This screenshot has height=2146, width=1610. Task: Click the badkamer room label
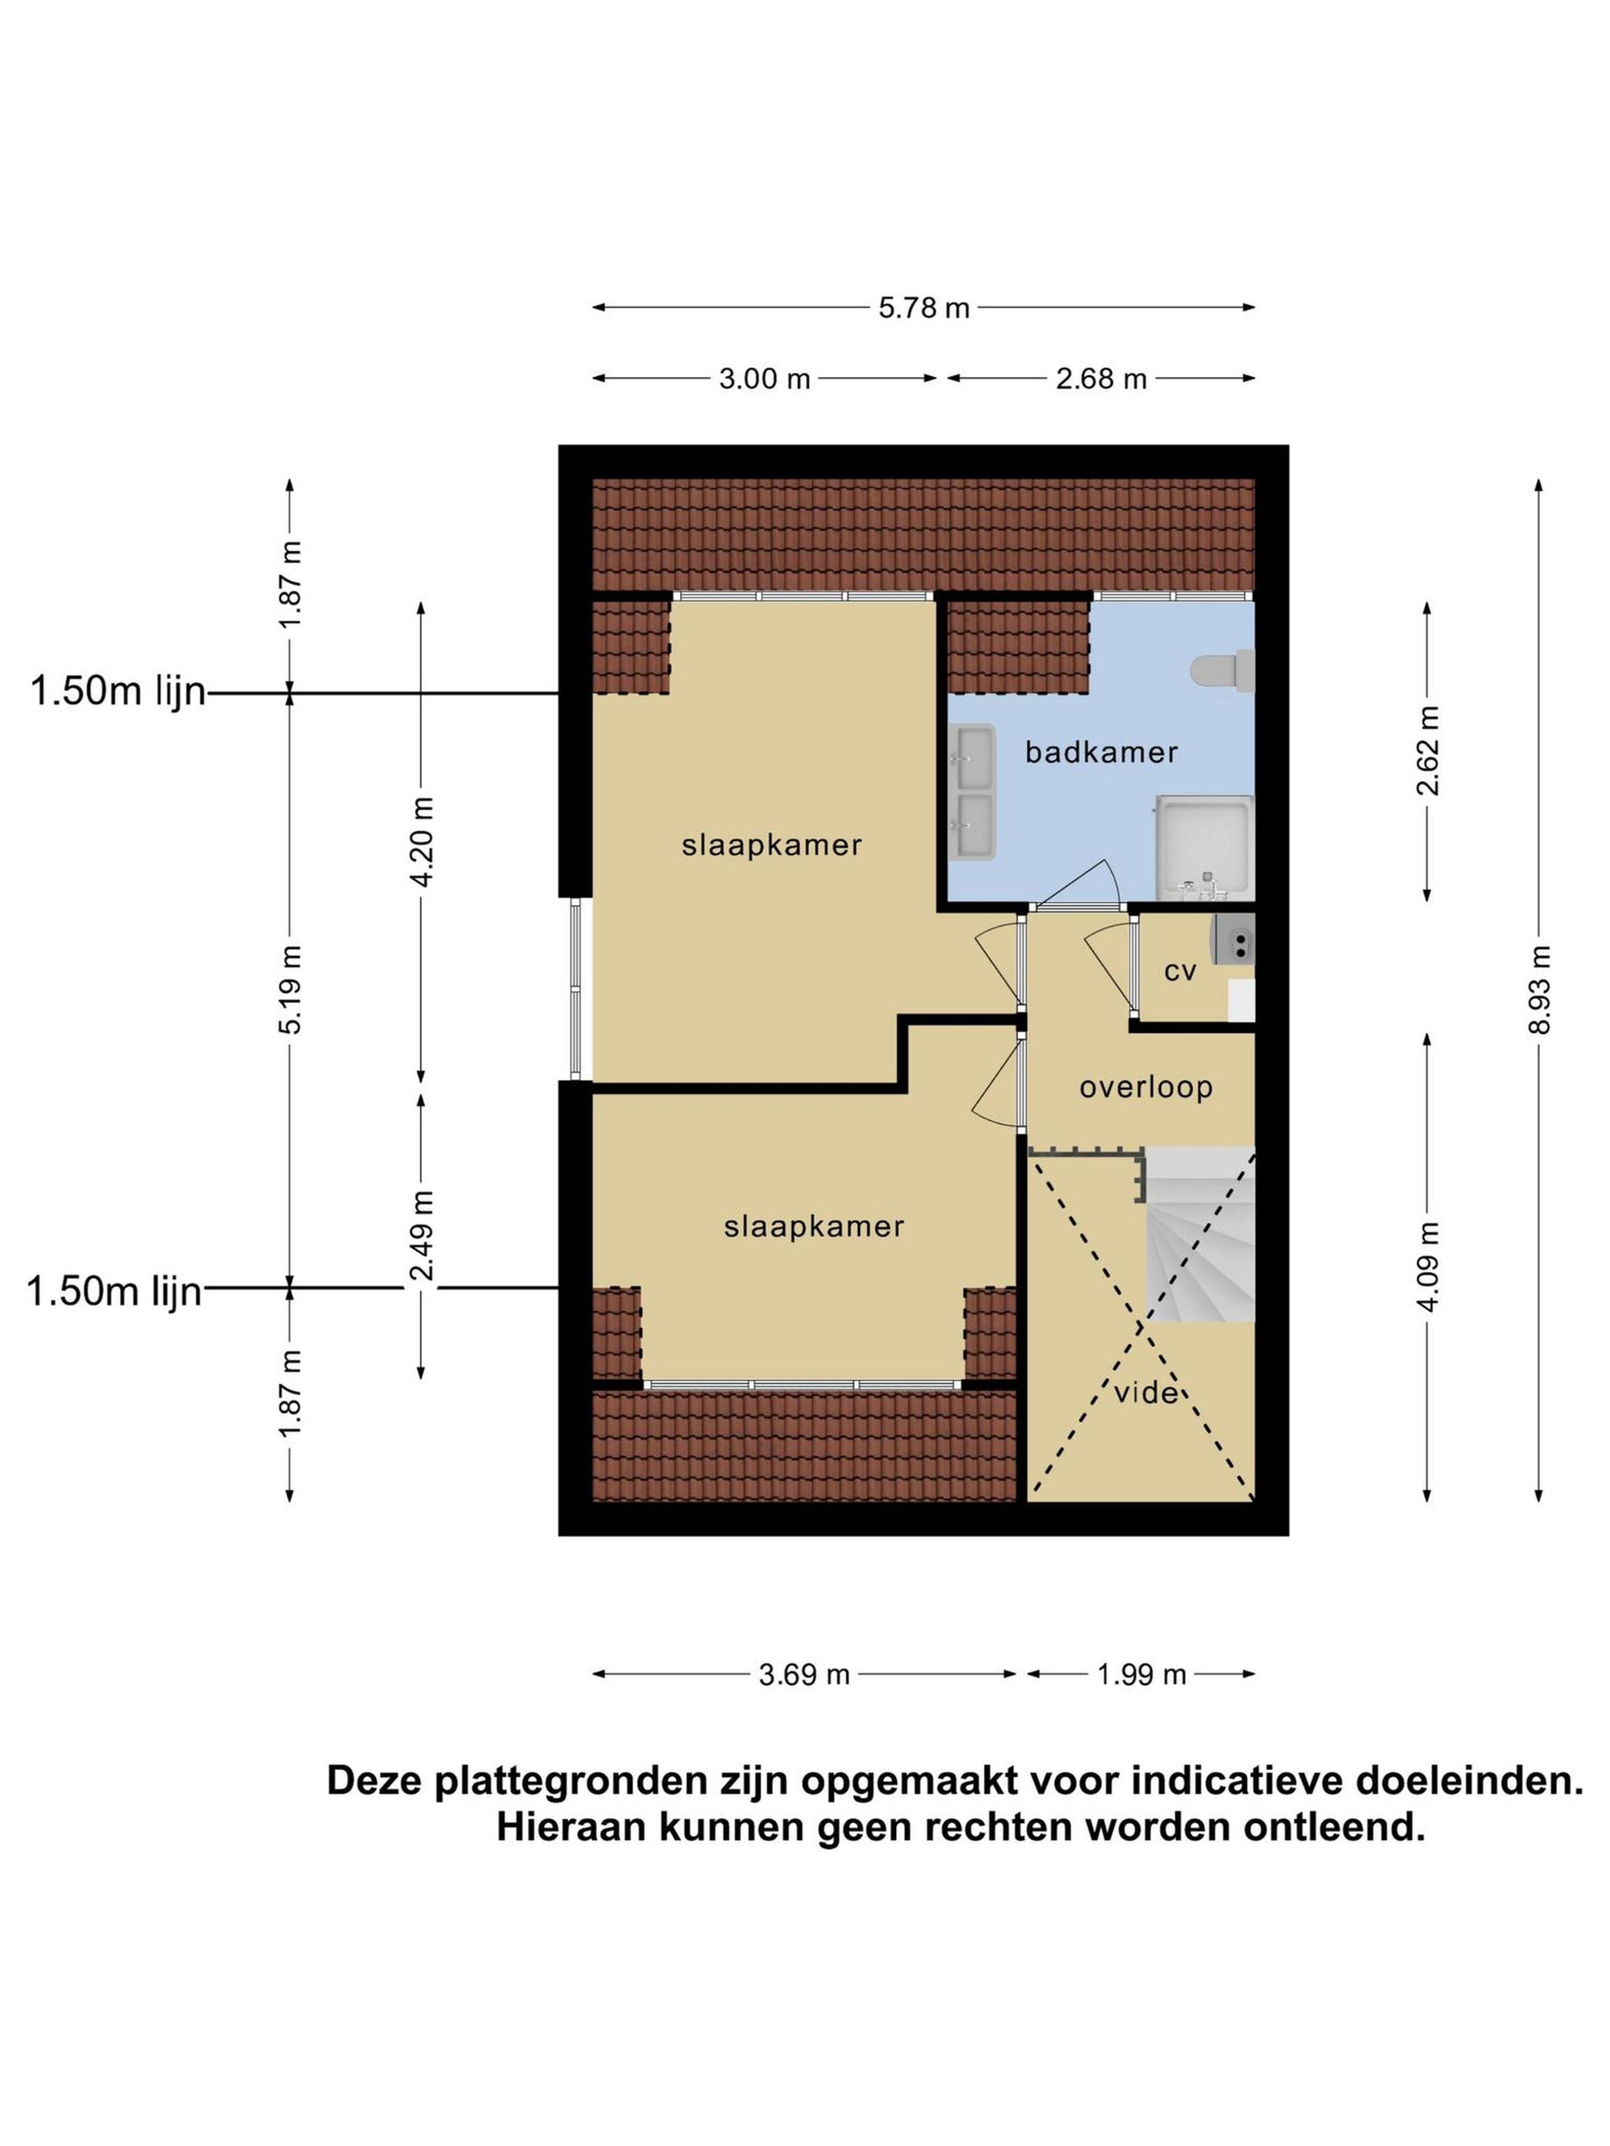(1101, 752)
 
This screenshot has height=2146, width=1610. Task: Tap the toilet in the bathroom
(1222, 669)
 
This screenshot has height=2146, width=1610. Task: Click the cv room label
(1180, 971)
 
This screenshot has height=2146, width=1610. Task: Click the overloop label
(1146, 1088)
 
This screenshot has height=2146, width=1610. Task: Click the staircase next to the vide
(1200, 1233)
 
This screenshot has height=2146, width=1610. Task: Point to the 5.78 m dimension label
(924, 308)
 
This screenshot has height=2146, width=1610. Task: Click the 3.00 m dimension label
(765, 378)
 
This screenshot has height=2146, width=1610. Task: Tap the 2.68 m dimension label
(1101, 378)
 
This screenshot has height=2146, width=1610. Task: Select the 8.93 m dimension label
(1539, 990)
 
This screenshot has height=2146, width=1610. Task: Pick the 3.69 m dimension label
(805, 1674)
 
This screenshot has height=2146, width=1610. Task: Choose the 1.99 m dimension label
(1141, 1674)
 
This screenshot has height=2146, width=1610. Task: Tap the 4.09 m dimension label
(1427, 1267)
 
